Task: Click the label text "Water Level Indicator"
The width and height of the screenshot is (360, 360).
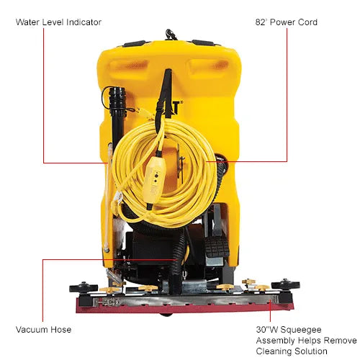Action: tap(58, 22)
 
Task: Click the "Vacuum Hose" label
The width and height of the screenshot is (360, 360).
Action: tap(43, 330)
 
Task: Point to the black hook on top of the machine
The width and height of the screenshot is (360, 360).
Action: tap(171, 35)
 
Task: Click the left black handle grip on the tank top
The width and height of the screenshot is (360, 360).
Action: tap(133, 44)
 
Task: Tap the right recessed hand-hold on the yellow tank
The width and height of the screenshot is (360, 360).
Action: tap(209, 68)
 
